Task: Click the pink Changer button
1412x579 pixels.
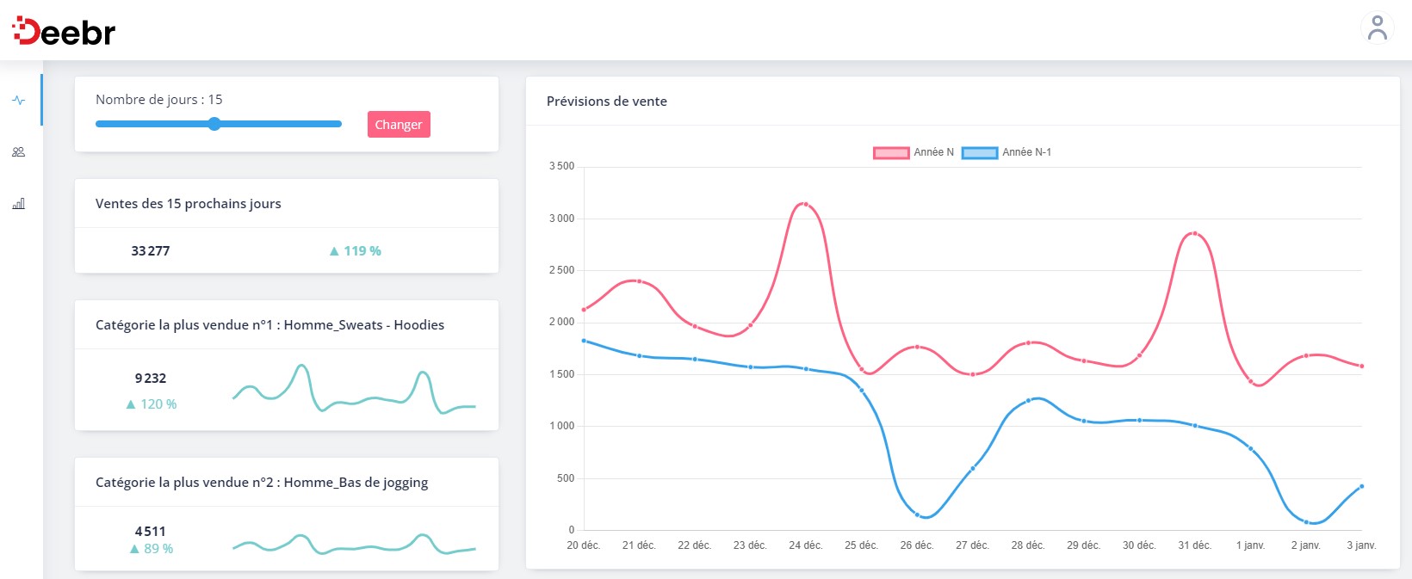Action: tap(399, 125)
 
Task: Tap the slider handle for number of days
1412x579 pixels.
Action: tap(214, 124)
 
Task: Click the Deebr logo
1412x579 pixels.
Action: tap(64, 32)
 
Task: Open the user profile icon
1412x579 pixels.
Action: tap(1377, 28)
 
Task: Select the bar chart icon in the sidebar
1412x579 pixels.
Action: tap(18, 204)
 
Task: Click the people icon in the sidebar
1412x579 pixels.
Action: tap(18, 152)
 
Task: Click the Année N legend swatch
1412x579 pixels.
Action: tap(891, 153)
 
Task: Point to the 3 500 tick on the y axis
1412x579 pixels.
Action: tap(561, 166)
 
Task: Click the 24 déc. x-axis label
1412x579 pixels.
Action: tap(805, 545)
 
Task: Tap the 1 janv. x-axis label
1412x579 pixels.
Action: tap(1250, 545)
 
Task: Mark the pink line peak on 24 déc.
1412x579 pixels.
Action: tap(805, 204)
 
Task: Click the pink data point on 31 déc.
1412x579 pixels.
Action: tap(1194, 233)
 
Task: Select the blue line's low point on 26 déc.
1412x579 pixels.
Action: tap(917, 514)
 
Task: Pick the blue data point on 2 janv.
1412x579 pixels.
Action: tap(1306, 522)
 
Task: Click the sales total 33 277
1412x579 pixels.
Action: tap(151, 251)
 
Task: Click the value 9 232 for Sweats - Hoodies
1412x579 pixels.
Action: tap(151, 379)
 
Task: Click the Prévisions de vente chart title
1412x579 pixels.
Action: tap(606, 102)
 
